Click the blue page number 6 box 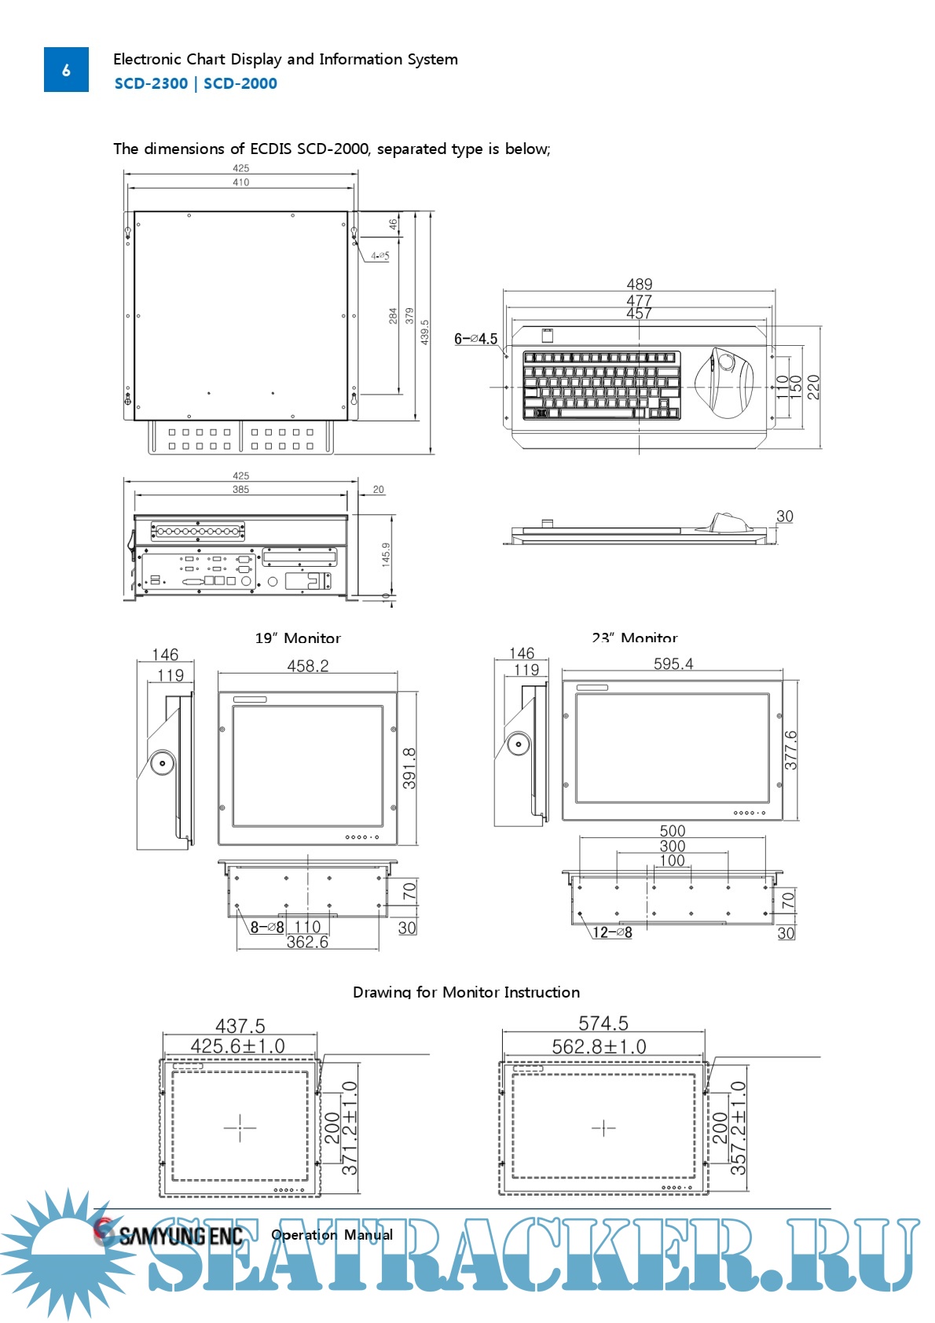pyautogui.click(x=66, y=70)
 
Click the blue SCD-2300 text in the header pyautogui.click(x=151, y=83)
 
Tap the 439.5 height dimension pyautogui.click(x=425, y=332)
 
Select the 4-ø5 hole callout pyautogui.click(x=380, y=255)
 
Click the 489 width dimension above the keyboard pyautogui.click(x=639, y=284)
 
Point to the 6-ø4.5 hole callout pyautogui.click(x=475, y=339)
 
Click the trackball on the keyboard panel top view pyautogui.click(x=726, y=363)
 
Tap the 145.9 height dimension pyautogui.click(x=386, y=554)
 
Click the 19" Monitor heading pyautogui.click(x=298, y=638)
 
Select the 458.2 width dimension pyautogui.click(x=307, y=666)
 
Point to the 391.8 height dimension pyautogui.click(x=409, y=768)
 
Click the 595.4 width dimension pyautogui.click(x=673, y=663)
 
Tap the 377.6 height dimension pyautogui.click(x=790, y=750)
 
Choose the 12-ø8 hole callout pyautogui.click(x=612, y=932)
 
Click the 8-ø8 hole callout pyautogui.click(x=267, y=927)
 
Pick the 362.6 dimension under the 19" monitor pyautogui.click(x=307, y=942)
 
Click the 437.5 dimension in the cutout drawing pyautogui.click(x=240, y=1026)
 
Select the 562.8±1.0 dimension pyautogui.click(x=599, y=1046)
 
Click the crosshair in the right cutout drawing pyautogui.click(x=603, y=1128)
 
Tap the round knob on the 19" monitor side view pyautogui.click(x=163, y=763)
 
